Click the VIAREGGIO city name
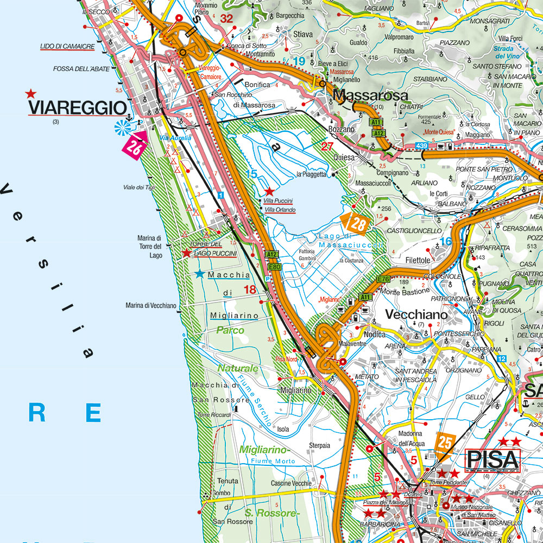[77, 108]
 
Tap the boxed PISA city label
[493, 460]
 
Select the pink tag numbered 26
[134, 146]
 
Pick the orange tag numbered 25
[445, 441]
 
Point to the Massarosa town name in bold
[370, 96]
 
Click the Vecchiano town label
[416, 314]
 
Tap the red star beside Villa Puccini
[269, 192]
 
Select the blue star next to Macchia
[200, 274]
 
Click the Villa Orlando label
[280, 210]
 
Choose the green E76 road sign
[384, 279]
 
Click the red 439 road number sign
[421, 146]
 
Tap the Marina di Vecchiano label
[151, 305]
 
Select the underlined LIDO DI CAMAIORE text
[67, 47]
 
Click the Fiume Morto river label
[273, 461]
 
